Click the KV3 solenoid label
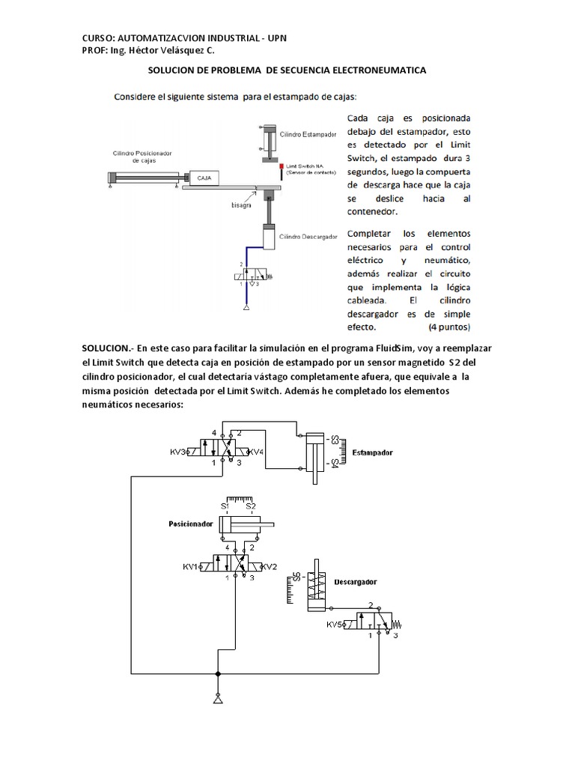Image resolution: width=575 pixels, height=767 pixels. click(x=179, y=452)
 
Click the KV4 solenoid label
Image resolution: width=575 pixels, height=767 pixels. click(x=256, y=452)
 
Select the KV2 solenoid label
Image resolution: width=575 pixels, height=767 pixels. click(x=269, y=567)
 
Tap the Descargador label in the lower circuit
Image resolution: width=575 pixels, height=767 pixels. click(x=355, y=581)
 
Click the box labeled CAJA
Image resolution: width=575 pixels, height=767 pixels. click(x=204, y=178)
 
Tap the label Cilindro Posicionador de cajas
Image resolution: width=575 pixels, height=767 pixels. click(x=142, y=157)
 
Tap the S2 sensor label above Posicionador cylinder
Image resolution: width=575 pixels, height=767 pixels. click(x=252, y=506)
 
